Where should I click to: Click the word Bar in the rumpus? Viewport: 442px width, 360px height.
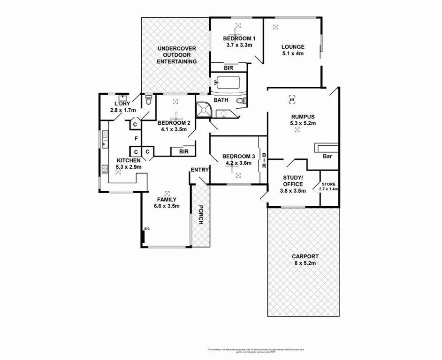tap(328, 157)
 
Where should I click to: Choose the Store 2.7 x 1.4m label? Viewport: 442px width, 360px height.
tap(328, 187)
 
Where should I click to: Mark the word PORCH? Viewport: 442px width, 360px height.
tap(200, 215)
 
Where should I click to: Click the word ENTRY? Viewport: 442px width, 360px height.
tap(199, 170)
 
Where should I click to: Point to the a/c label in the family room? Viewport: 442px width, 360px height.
tap(147, 228)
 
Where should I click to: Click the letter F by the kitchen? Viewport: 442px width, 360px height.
tap(136, 138)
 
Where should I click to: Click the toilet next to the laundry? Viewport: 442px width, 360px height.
tap(149, 100)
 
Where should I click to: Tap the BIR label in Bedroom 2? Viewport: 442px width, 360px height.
tap(183, 151)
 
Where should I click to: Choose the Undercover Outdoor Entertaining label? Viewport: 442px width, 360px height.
tap(176, 55)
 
